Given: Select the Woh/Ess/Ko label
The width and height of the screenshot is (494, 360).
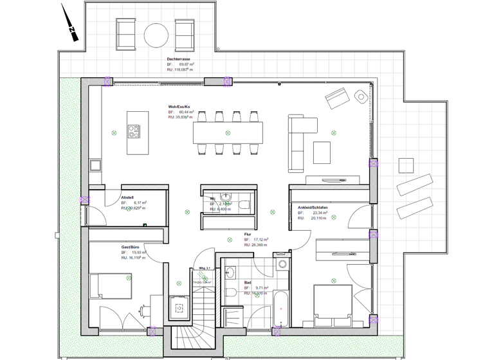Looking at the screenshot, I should tap(179, 106).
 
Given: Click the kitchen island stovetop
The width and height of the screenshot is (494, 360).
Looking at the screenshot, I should tap(134, 131).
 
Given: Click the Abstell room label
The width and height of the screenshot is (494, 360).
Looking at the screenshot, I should tap(127, 197).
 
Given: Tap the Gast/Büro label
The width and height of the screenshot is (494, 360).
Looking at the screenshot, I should tap(131, 247).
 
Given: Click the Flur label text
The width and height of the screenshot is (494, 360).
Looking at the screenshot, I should tap(248, 234).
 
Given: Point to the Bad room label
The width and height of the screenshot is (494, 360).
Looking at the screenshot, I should tap(248, 282).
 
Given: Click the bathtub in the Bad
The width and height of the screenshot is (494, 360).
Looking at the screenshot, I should tap(281, 310).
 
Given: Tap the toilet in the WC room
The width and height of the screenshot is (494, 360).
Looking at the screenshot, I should tap(244, 204).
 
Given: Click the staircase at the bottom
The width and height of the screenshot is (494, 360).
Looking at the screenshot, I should tap(194, 321).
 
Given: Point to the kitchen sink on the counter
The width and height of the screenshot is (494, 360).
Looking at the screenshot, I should tap(95, 165).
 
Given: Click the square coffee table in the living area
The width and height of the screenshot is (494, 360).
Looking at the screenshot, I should tap(322, 152).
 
